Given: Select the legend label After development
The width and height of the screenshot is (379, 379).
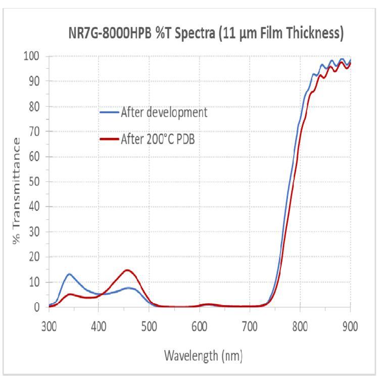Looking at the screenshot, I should click(x=164, y=112).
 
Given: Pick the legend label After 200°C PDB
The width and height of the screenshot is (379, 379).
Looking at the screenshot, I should click(x=158, y=138).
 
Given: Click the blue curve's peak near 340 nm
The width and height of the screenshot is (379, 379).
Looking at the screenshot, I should click(x=69, y=274).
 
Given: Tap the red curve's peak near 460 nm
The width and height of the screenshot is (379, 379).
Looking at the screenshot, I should click(x=128, y=270).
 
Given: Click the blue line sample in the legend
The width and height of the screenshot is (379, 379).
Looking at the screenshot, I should click(x=109, y=113).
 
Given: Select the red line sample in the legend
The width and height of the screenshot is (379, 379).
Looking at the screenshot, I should click(x=109, y=138).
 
